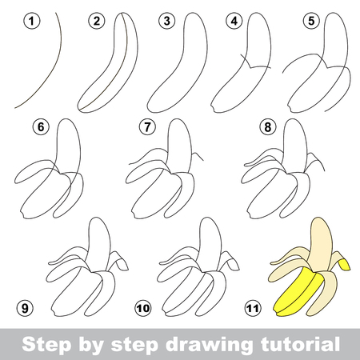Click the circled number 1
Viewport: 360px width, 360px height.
pos(32,21)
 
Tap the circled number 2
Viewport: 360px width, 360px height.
pos(97,21)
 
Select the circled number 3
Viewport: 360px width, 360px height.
pos(167,21)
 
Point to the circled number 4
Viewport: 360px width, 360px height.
pos(234,21)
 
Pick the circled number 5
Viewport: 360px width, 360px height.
pos(311,21)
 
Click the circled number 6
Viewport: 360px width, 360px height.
pos(41,126)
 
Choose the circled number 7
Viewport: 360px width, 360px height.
pos(147,126)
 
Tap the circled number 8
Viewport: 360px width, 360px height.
pos(268,126)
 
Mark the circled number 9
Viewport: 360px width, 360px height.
pos(25,308)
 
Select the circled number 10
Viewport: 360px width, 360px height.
pos(143,308)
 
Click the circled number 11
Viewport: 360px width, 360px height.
pos(252,308)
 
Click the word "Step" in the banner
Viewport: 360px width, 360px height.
pos(47,344)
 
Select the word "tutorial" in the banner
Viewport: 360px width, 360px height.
pos(300,344)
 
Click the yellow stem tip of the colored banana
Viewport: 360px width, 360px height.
pos(345,265)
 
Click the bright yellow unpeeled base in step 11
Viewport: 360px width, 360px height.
pos(296,294)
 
